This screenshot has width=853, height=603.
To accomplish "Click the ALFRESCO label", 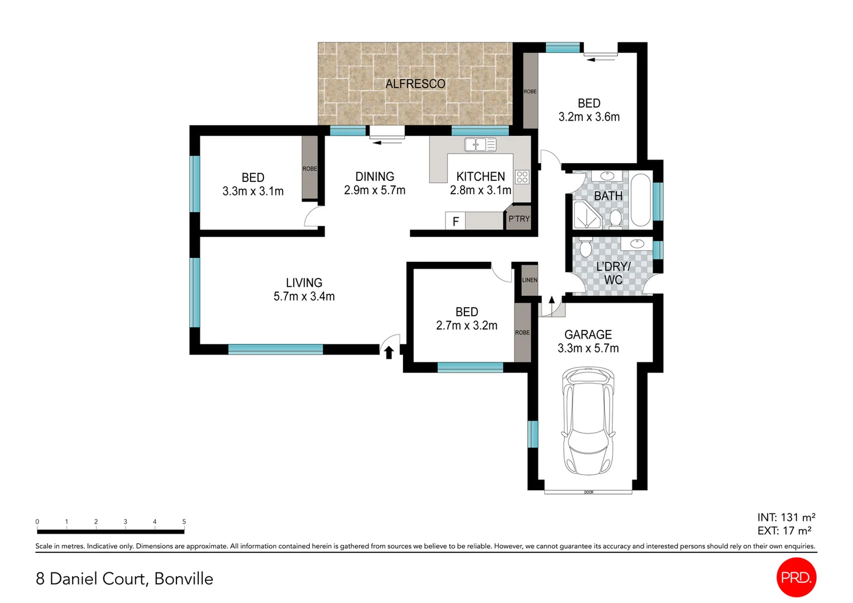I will tap(415, 84).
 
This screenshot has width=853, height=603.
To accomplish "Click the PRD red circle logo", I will tap(796, 577).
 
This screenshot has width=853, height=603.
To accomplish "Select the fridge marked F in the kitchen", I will tap(456, 221).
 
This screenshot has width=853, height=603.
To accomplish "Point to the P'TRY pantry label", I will tap(519, 219).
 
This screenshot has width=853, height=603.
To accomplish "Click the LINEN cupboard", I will tap(529, 280).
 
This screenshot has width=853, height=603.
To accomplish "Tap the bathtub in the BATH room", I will tap(641, 200).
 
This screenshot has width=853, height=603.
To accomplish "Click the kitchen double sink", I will tap(480, 145).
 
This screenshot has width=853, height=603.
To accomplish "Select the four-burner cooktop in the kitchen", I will tap(522, 177).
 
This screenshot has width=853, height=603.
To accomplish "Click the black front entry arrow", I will tap(389, 352).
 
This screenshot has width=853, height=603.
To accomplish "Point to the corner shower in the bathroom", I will tap(586, 216).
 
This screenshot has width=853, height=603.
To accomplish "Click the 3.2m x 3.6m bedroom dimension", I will tap(589, 117).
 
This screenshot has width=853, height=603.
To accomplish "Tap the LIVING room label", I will tap(304, 283).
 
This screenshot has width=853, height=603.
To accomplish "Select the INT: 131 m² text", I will tap(786, 518).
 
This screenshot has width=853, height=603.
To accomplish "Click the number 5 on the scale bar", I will tap(184, 521).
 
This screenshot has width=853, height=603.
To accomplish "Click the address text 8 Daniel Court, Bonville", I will tap(124, 578).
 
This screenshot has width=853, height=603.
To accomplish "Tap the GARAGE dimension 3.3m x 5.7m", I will tap(588, 348).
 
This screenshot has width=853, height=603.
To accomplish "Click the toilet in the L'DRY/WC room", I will tap(585, 247).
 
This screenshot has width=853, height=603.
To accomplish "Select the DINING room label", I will tap(375, 176).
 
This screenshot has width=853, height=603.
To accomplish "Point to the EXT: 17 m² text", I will tap(784, 531).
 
